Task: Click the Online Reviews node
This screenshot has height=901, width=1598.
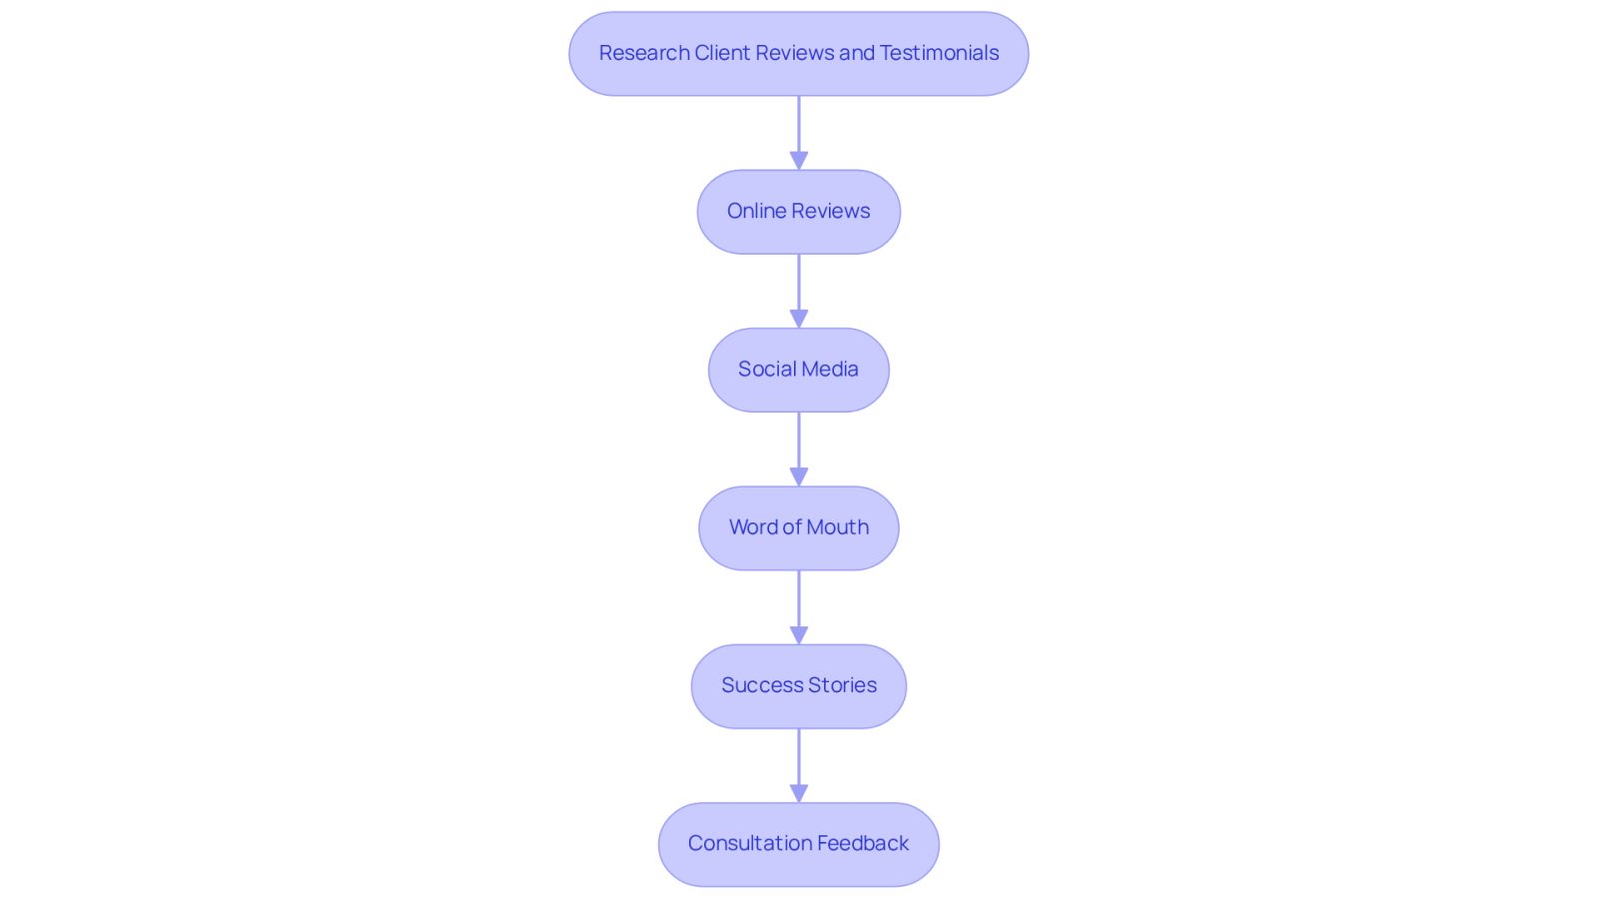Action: coord(798,212)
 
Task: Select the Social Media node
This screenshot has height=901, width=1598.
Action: coord(798,370)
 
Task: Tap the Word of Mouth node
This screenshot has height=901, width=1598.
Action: coord(798,527)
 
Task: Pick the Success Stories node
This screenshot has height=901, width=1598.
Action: coord(798,686)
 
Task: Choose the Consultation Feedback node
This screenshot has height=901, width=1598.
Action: coord(798,845)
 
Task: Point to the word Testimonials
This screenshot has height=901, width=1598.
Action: coord(939,53)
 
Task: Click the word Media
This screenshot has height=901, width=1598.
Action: coord(830,369)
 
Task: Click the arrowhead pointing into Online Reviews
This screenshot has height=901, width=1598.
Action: coord(799,161)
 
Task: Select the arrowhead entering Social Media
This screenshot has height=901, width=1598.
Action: coord(799,319)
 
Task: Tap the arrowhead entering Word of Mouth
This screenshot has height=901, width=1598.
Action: coord(799,477)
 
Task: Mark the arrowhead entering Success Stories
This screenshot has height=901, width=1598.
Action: coord(799,635)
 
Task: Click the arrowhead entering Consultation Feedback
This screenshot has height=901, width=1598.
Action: coord(799,793)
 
